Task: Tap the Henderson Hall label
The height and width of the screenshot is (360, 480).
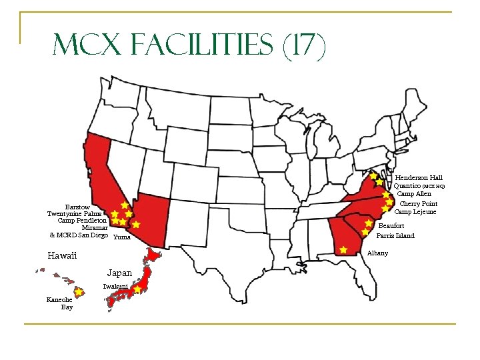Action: [x=419, y=178]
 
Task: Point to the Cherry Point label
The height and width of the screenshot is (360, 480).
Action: [x=418, y=203]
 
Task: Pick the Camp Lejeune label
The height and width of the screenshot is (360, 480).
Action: [x=415, y=211]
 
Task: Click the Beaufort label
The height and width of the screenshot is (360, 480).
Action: [x=391, y=226]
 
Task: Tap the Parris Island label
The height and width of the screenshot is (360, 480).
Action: [x=395, y=235]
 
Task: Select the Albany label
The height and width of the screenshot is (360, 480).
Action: [x=377, y=253]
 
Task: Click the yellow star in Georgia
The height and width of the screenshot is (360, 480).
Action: [x=343, y=250]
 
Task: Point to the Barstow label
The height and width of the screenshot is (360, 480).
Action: [x=77, y=207]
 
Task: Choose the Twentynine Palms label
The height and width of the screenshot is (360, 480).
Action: [x=77, y=213]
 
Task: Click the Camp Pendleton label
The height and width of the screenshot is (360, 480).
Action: [x=82, y=220]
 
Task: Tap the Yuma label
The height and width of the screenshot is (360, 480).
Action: [x=122, y=237]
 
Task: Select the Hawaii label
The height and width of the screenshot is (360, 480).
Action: [x=62, y=256]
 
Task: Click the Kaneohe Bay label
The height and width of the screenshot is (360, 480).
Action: [x=59, y=303]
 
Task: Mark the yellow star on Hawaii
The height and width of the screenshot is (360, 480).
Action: [x=79, y=292]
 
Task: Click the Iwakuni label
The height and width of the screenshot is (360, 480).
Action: [x=115, y=286]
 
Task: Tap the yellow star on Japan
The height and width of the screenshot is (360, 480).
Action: [x=137, y=290]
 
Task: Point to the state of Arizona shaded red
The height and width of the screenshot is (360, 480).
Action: [x=152, y=217]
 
